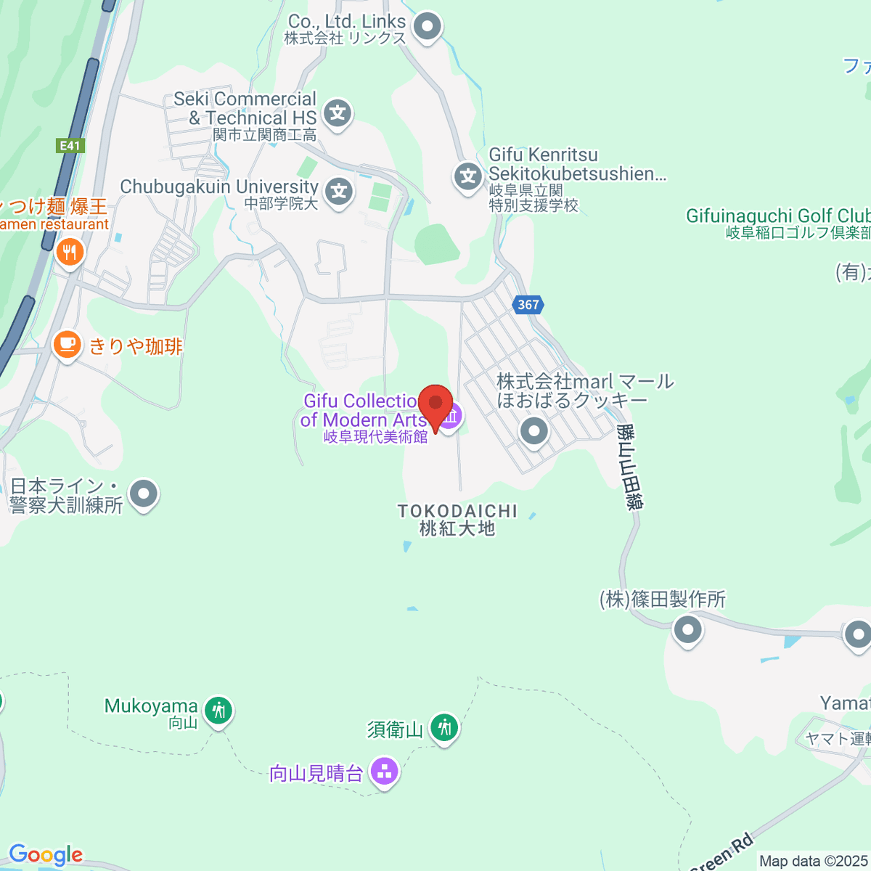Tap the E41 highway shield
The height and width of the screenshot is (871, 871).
tap(70, 146)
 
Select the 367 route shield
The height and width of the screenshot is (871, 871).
tap(528, 305)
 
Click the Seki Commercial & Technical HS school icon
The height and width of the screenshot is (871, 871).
tap(338, 114)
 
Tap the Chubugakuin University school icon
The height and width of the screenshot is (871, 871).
tap(338, 192)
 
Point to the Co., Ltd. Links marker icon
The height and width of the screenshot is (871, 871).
tap(428, 28)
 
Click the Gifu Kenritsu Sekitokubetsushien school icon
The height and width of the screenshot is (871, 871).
tap(468, 176)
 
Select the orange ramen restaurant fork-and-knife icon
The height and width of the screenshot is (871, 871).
tap(70, 253)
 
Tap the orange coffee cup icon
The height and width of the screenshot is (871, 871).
tap(68, 343)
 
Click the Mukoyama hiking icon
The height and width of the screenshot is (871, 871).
tap(218, 710)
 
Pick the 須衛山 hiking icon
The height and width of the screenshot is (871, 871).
tap(444, 727)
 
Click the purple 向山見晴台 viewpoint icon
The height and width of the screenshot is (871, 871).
tap(384, 772)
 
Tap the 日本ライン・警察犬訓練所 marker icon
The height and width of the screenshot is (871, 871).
tap(144, 495)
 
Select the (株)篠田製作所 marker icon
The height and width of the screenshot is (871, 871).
tap(687, 629)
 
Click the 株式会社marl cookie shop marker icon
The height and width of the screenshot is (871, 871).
tap(534, 431)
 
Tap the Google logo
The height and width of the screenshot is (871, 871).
tap(45, 855)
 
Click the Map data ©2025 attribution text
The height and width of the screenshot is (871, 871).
tap(814, 862)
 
